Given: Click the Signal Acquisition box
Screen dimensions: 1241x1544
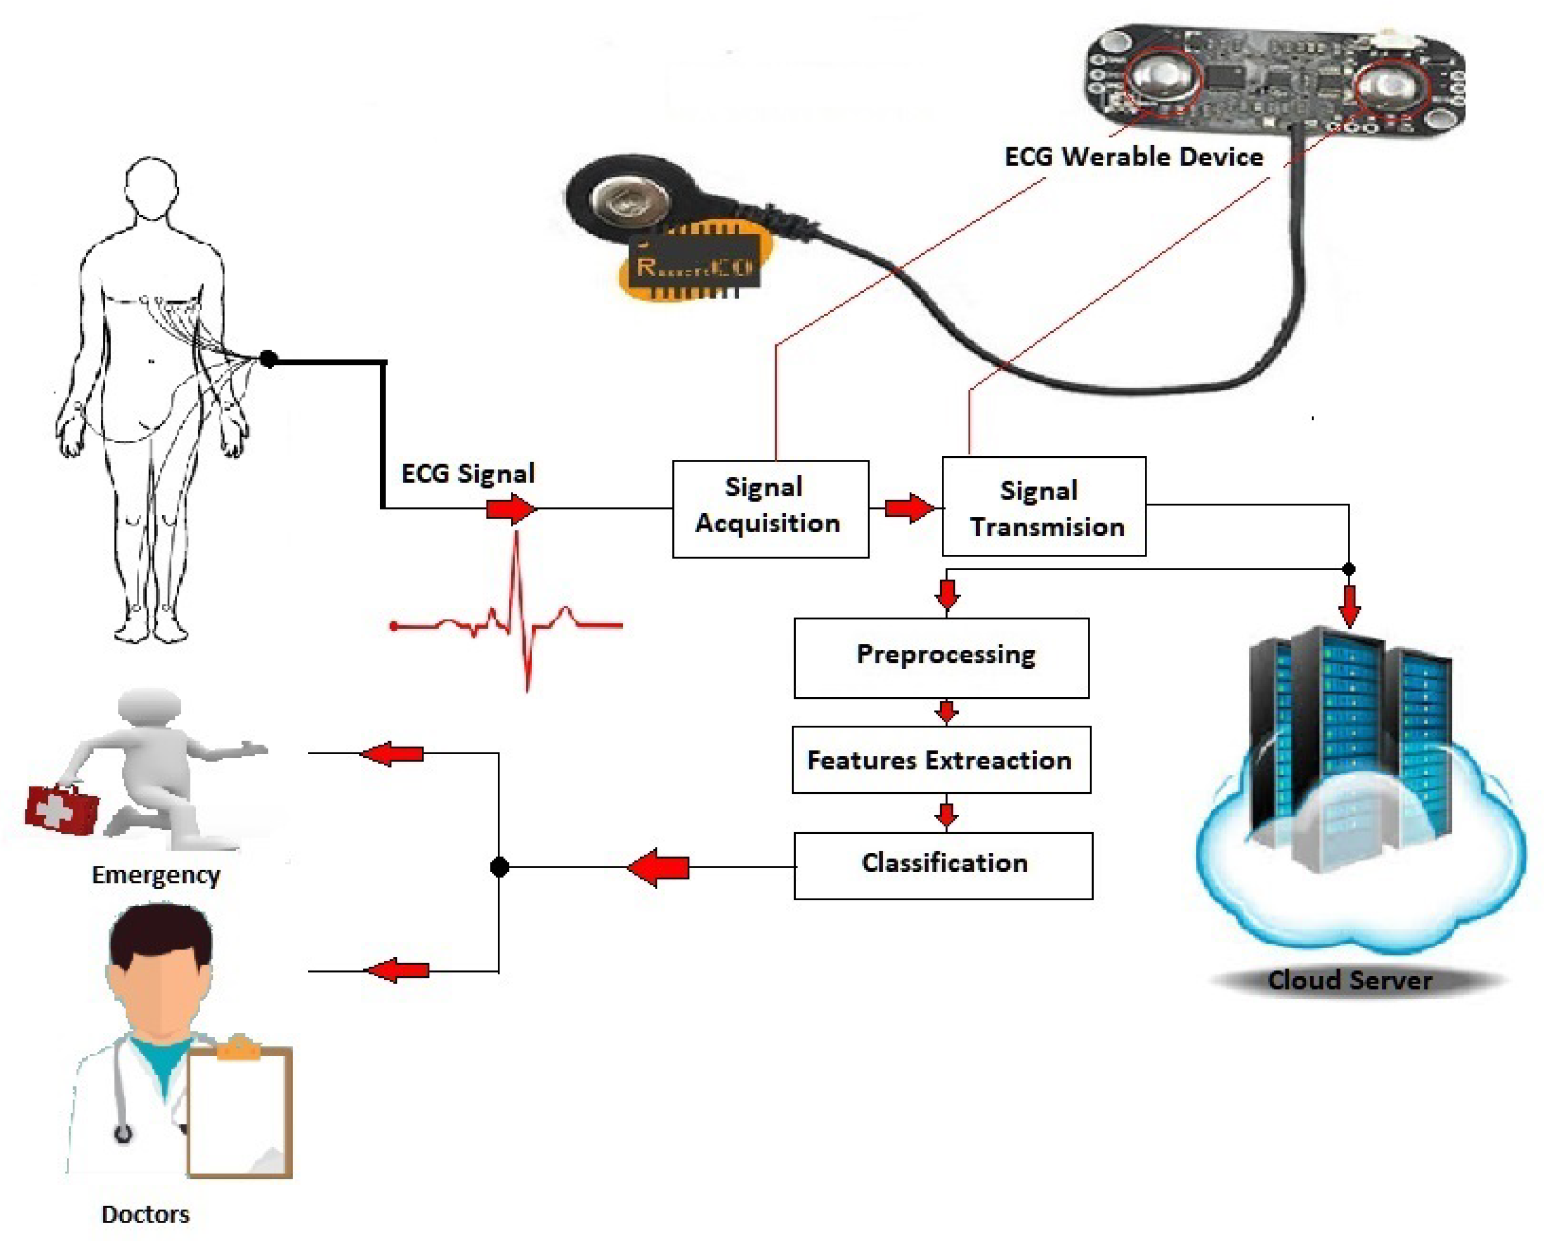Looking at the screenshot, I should (x=770, y=508).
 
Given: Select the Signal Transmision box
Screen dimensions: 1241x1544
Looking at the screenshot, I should (x=1044, y=506).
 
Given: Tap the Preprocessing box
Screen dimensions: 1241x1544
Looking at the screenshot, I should (x=941, y=657).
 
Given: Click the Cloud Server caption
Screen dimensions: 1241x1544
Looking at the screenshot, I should (x=1349, y=979).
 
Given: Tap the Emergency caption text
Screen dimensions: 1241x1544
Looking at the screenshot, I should (x=156, y=874).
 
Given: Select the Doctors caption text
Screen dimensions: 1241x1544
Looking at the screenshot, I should (x=146, y=1214).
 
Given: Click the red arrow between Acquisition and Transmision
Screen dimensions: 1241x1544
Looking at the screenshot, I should (x=908, y=508).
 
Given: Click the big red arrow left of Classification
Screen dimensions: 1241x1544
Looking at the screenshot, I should (x=658, y=867).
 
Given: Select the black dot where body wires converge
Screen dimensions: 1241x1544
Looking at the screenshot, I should (x=268, y=359).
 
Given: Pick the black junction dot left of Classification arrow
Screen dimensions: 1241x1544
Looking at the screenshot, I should (x=499, y=867).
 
